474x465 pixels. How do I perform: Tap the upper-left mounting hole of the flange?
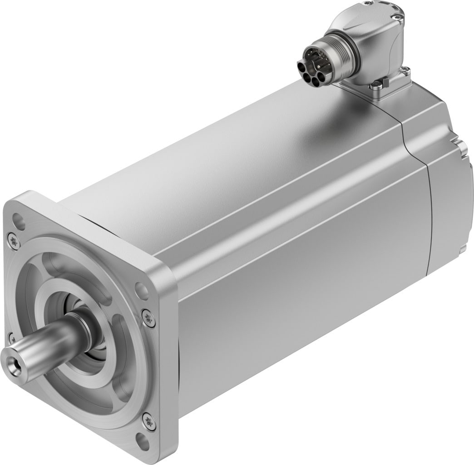pos(19,222)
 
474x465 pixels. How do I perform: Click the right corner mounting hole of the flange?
pos(142,291)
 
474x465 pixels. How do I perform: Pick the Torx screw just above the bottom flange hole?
pos(148,421)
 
